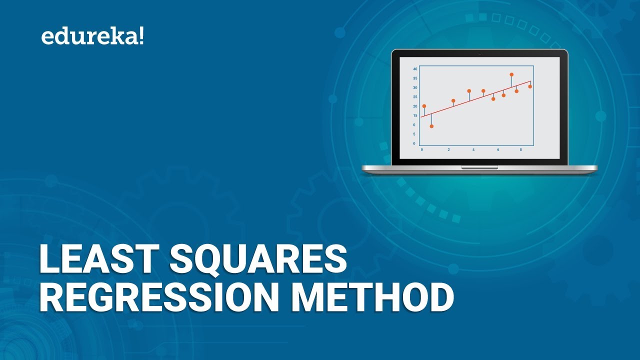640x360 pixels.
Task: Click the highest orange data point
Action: tap(511, 74)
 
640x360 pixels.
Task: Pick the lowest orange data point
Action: tap(431, 126)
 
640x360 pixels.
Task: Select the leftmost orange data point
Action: tap(424, 106)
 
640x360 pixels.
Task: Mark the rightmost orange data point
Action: tap(530, 86)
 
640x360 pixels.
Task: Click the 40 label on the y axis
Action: tap(415, 69)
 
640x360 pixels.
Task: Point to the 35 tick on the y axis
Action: tap(415, 78)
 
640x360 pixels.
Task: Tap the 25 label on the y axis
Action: tap(415, 97)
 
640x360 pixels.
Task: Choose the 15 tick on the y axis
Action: tap(415, 115)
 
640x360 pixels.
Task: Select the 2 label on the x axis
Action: tap(448, 149)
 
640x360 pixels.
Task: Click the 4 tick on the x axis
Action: tap(473, 149)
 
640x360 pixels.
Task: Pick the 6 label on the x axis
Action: tap(498, 149)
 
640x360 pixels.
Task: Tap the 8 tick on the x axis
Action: tap(520, 149)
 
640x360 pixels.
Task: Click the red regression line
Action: tap(475, 99)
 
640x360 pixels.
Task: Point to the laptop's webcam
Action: tap(479, 52)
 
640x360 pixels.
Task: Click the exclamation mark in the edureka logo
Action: tap(141, 36)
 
